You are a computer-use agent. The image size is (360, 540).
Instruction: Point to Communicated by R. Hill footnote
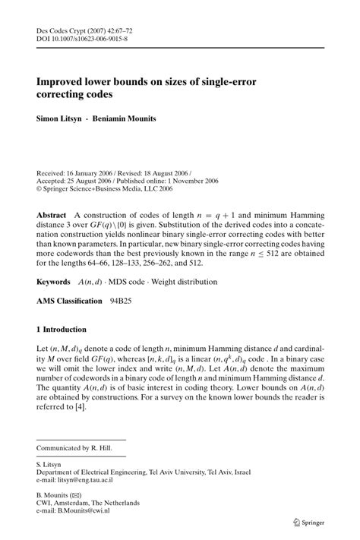[x=74, y=449]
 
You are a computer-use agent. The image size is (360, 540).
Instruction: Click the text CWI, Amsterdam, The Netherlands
[x=88, y=503]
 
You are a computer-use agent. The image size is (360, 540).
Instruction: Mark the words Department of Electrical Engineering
[x=91, y=472]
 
